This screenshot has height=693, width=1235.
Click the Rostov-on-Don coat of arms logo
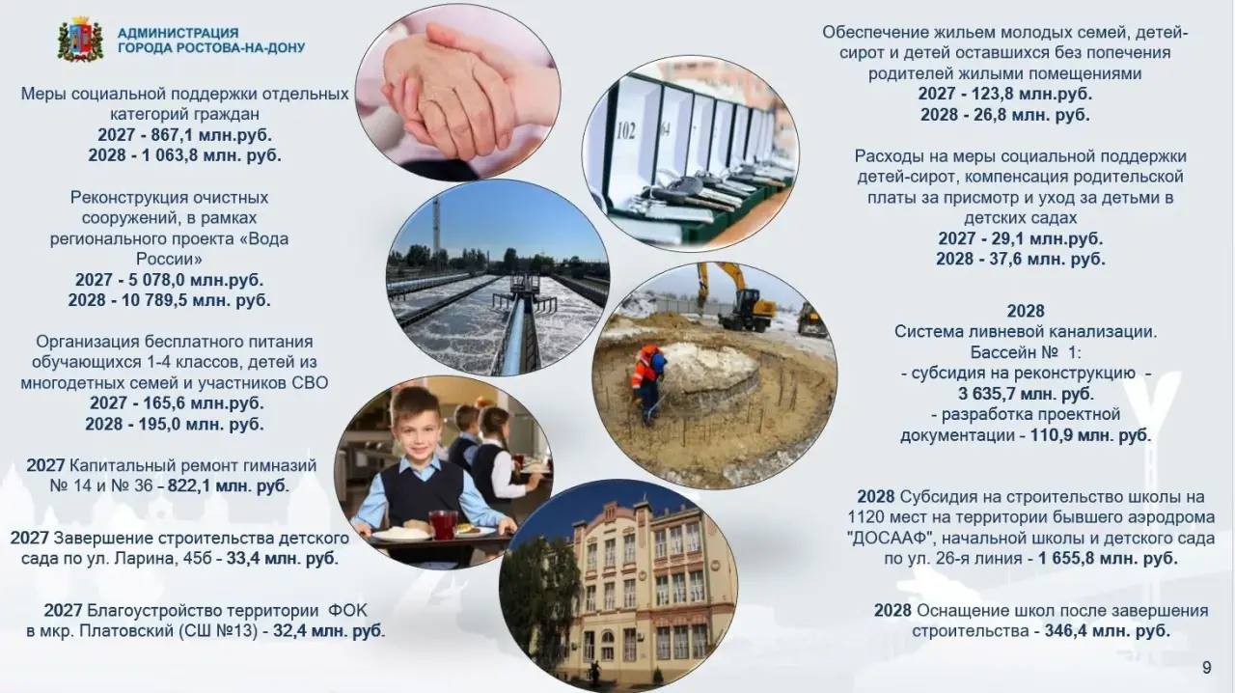point(80,40)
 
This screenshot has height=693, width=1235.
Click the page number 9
point(1207,668)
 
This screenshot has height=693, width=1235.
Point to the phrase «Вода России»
point(204,249)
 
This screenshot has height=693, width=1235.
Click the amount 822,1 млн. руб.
point(229,486)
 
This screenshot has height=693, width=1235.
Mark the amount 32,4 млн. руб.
point(329,630)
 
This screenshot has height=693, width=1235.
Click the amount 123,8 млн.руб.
point(1032,94)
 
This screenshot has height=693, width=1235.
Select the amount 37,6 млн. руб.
point(1047,259)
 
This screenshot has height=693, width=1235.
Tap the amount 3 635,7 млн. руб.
point(1026,394)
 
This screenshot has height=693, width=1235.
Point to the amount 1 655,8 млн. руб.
point(1108,559)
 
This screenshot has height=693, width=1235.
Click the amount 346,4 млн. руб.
point(1107,630)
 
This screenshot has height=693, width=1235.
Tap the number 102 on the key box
point(626,131)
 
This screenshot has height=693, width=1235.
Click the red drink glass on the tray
point(443,524)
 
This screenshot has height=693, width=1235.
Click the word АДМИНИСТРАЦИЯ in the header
point(178,33)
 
